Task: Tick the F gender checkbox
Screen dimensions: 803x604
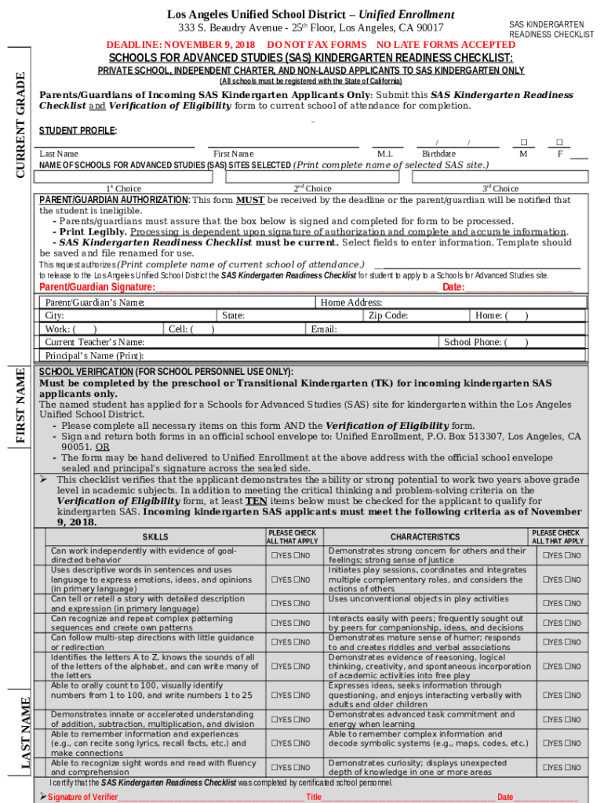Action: (559, 143)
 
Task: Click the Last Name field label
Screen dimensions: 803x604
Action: (59, 154)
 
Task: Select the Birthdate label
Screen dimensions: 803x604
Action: (438, 154)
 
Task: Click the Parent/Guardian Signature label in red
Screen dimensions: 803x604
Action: (97, 287)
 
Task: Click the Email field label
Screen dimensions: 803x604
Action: (324, 329)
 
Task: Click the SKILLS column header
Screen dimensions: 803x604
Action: (155, 537)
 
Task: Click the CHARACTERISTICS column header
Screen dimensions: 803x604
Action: (425, 537)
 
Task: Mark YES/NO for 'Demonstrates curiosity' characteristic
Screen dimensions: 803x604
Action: (563, 767)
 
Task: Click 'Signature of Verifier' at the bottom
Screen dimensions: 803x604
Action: (82, 797)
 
